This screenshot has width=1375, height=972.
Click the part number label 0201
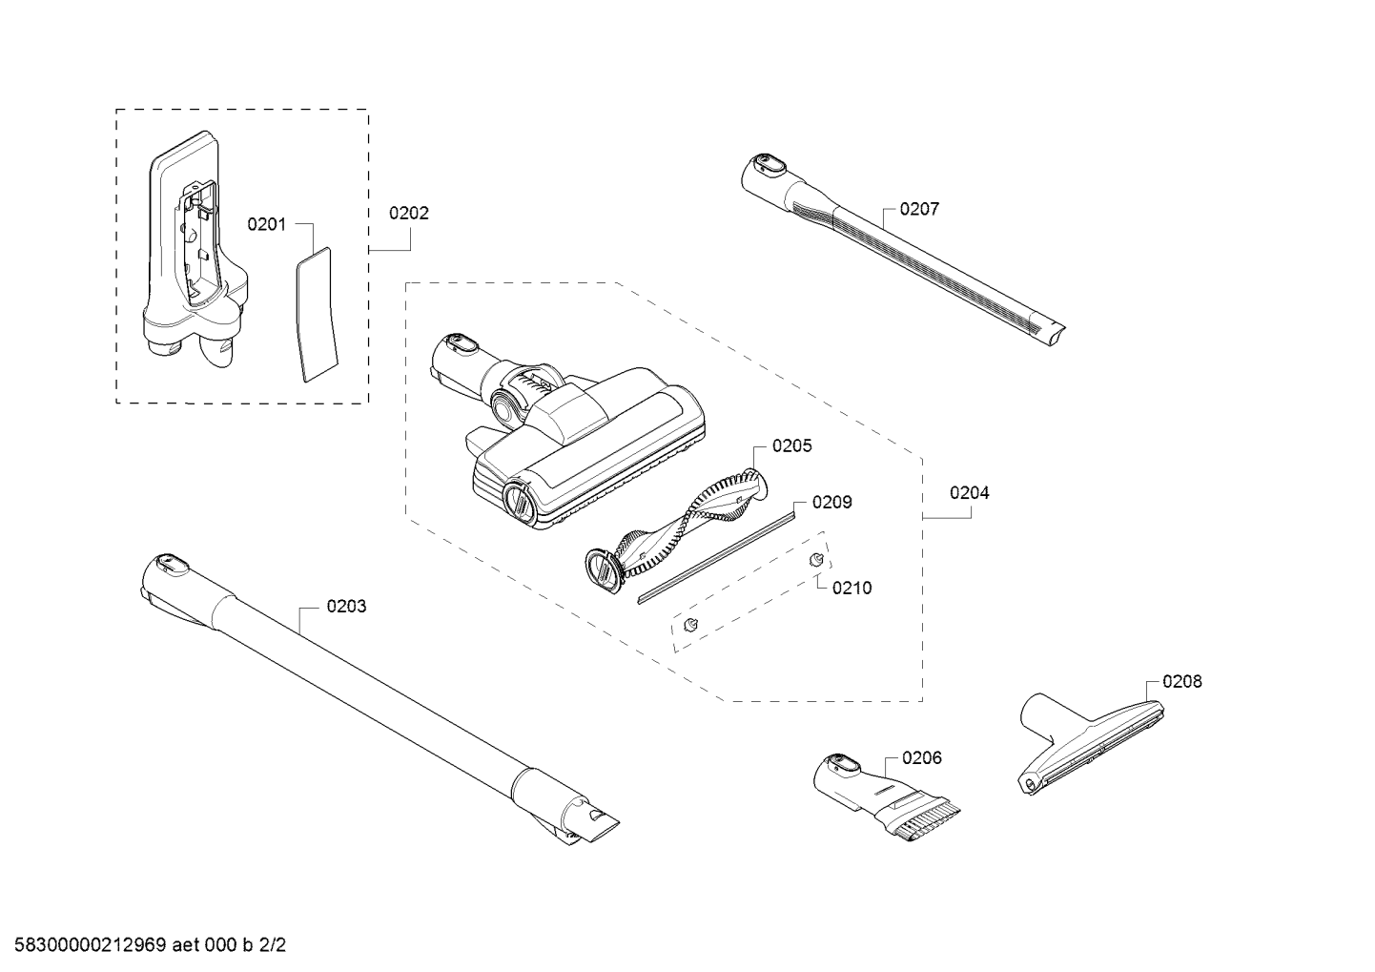[266, 224]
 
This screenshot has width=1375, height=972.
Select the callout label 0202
[408, 214]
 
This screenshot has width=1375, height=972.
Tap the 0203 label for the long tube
[346, 607]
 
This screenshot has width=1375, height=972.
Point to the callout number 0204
[969, 493]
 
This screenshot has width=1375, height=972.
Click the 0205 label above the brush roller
[791, 445]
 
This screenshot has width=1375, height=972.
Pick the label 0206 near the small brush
[921, 758]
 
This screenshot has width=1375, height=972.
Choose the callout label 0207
[919, 209]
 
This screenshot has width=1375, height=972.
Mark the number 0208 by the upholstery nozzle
[1181, 682]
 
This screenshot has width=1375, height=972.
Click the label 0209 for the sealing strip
[831, 503]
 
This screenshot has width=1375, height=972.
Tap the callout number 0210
[852, 589]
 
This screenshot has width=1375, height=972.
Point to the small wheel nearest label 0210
[816, 560]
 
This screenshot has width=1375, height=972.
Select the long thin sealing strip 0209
[715, 556]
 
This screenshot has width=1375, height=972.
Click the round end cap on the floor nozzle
[518, 501]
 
